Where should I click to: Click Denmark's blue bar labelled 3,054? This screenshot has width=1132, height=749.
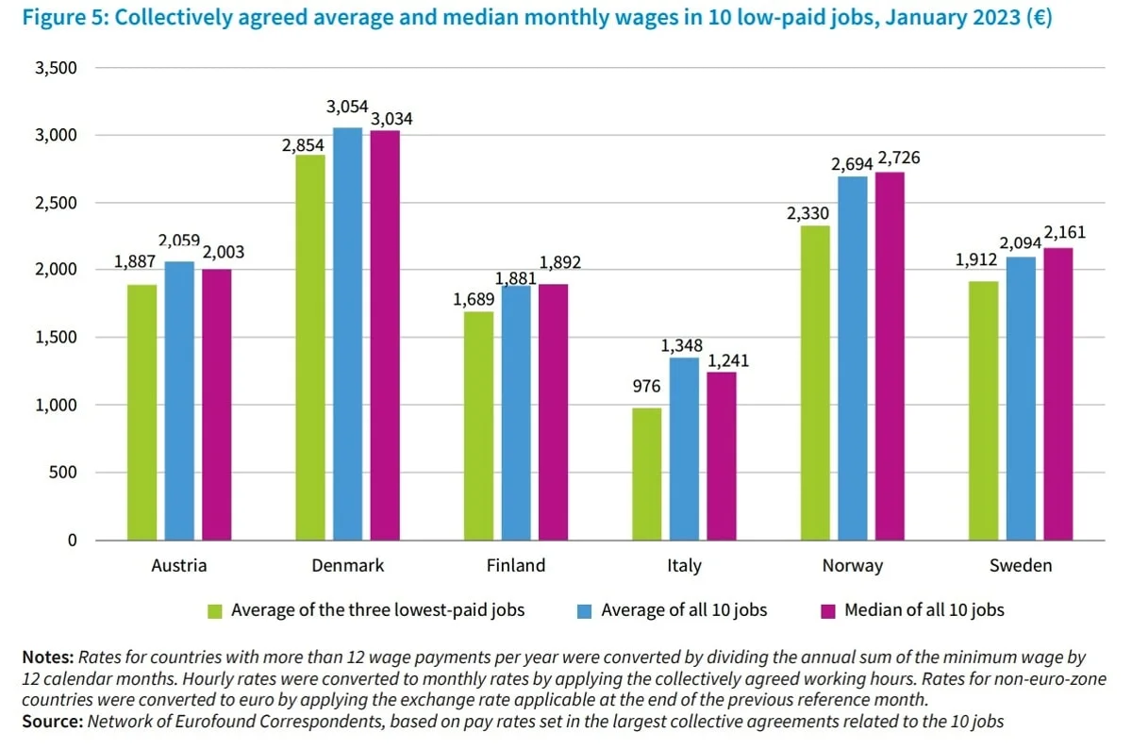[347, 334]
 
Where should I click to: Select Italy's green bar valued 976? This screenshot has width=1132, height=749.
[647, 474]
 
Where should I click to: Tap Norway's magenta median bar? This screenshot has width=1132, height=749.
[890, 356]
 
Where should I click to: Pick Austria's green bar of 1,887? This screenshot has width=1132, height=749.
[142, 412]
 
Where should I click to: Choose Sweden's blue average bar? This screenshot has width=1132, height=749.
[1021, 398]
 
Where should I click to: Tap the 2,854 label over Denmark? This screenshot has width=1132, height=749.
[303, 145]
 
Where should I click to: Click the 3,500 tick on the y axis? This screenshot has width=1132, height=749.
[58, 68]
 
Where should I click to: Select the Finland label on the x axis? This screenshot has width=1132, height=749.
[516, 566]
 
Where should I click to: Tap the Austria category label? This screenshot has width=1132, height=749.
[179, 566]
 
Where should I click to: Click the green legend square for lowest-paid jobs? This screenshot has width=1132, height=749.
[215, 610]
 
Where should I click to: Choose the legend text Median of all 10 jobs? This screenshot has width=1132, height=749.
[924, 610]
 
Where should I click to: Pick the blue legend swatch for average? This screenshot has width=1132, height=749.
[585, 610]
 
